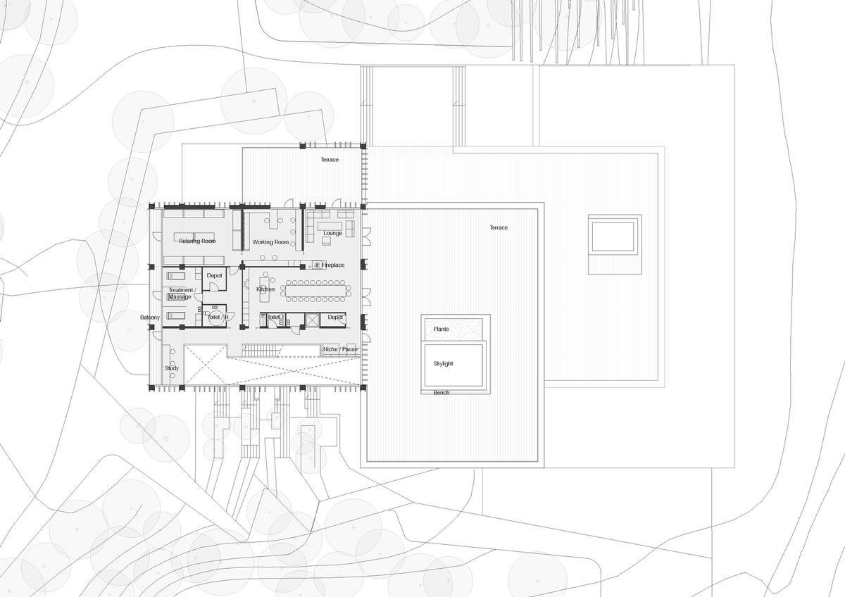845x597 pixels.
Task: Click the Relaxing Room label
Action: pyautogui.click(x=196, y=241)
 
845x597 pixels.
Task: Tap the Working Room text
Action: pyautogui.click(x=271, y=242)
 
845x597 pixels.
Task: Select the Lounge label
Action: pyautogui.click(x=333, y=233)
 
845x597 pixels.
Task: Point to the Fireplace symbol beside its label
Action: pyautogui.click(x=317, y=265)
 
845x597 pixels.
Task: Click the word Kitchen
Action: pyautogui.click(x=265, y=289)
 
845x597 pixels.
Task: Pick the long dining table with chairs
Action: pyautogui.click(x=315, y=290)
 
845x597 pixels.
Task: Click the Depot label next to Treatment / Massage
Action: pyautogui.click(x=214, y=275)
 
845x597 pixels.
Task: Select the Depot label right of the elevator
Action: pyautogui.click(x=335, y=318)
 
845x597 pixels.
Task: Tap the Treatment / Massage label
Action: pyautogui.click(x=180, y=293)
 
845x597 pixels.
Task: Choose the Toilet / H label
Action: pyautogui.click(x=218, y=318)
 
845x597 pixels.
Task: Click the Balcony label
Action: pyautogui.click(x=149, y=318)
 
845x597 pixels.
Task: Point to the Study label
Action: pyautogui.click(x=172, y=368)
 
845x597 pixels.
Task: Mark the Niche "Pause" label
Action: pyautogui.click(x=340, y=349)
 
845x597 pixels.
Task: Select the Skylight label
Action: pyautogui.click(x=443, y=364)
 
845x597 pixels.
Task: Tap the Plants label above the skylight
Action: pyautogui.click(x=441, y=329)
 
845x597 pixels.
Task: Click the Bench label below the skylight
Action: pyautogui.click(x=442, y=393)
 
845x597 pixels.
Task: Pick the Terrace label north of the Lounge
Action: pyautogui.click(x=330, y=160)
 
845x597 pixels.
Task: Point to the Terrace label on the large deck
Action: pyautogui.click(x=499, y=227)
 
